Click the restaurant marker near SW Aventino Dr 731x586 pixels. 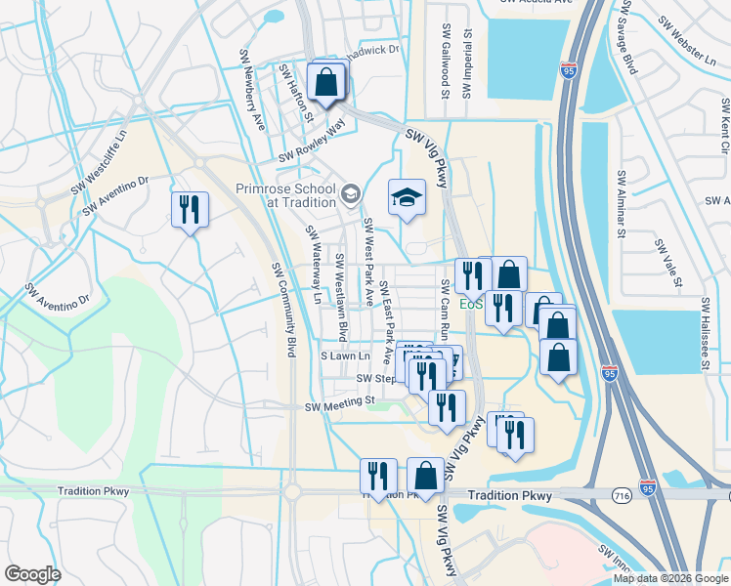click(190, 210)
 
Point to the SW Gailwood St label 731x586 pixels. click(445, 62)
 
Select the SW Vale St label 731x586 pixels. click(667, 262)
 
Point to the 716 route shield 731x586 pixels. click(622, 496)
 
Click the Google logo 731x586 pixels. click(32, 574)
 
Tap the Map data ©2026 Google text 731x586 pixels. click(670, 578)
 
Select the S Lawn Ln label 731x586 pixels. click(347, 357)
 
